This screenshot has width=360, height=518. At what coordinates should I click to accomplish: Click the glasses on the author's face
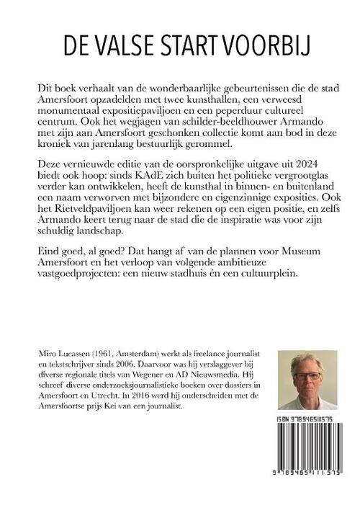(307, 376)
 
